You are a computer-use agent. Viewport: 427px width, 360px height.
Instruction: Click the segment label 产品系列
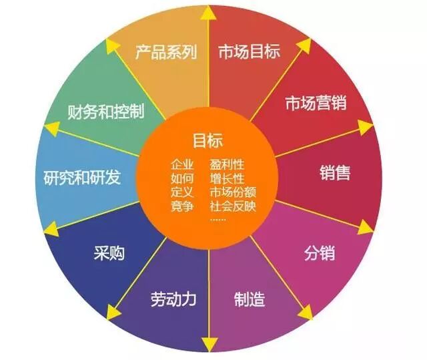[x=166, y=52]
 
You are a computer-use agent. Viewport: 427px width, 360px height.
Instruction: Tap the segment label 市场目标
[x=249, y=52]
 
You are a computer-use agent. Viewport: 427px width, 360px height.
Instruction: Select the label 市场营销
[x=315, y=104]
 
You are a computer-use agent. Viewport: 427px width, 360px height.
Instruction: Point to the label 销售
[x=334, y=172]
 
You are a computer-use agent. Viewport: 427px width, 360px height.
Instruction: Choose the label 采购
[x=108, y=253]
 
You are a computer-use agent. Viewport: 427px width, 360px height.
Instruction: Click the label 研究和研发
[x=82, y=178]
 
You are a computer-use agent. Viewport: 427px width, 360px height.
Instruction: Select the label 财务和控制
[x=106, y=111]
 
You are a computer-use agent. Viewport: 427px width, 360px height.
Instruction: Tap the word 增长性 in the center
[x=227, y=178]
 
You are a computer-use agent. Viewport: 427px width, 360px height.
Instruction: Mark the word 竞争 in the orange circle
[x=182, y=206]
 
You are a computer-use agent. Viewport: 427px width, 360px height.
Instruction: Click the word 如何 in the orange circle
[x=182, y=178]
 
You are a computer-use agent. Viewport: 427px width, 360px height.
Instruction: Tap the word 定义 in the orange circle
[x=182, y=192]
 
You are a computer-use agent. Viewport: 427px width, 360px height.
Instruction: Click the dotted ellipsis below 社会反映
[x=218, y=219]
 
